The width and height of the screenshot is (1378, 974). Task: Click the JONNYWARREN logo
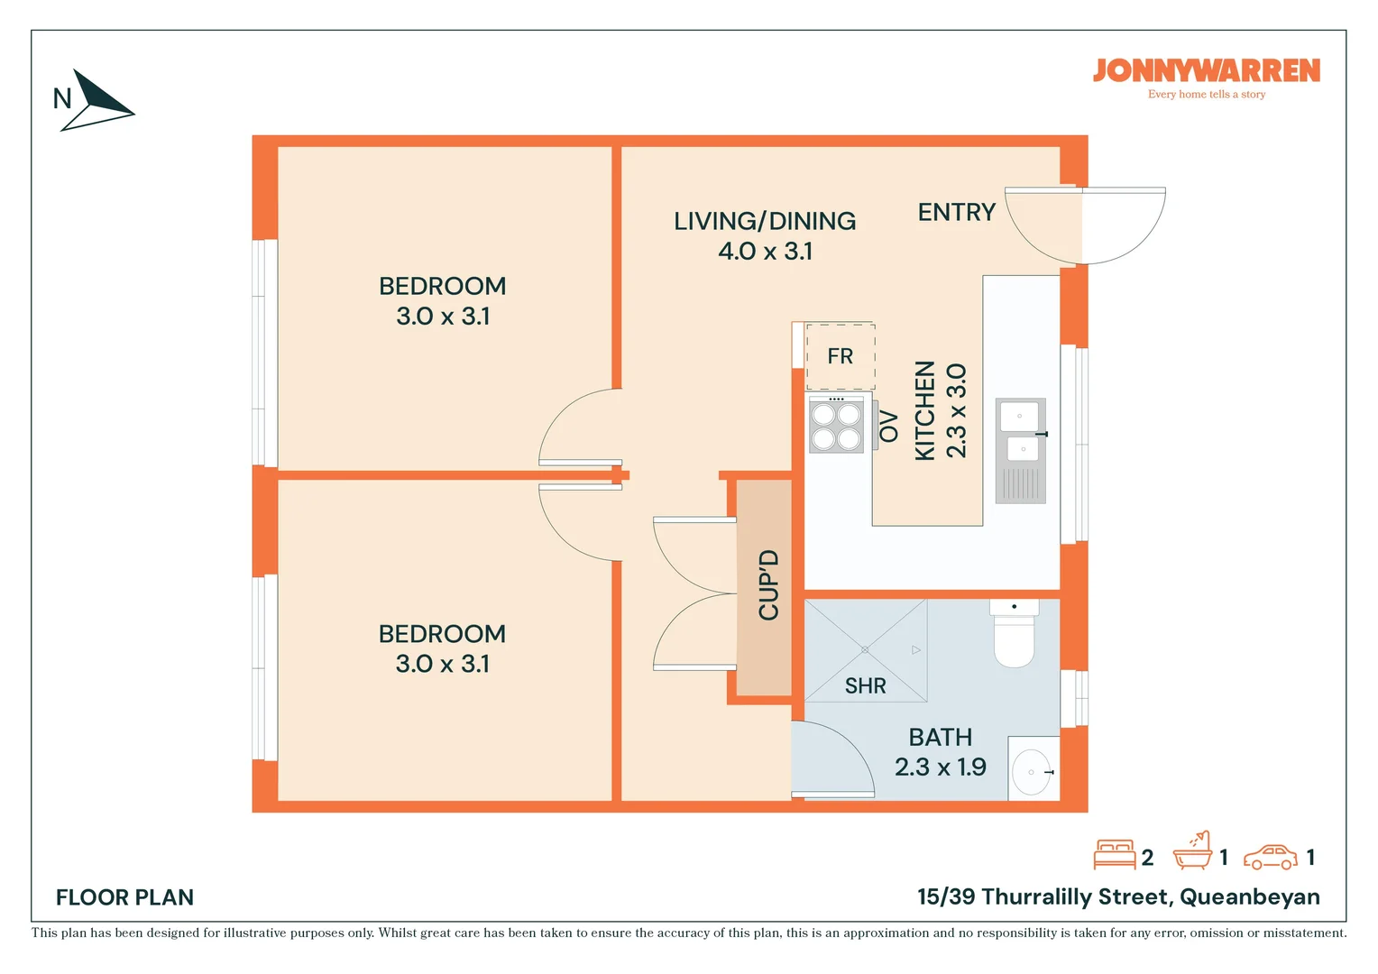tap(1206, 70)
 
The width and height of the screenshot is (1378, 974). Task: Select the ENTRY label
tap(957, 212)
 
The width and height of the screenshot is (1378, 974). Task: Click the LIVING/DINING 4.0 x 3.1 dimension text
tap(766, 251)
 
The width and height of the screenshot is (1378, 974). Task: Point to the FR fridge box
tap(841, 356)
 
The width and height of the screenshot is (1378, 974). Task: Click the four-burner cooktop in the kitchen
tap(836, 425)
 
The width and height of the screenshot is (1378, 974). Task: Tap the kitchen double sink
tap(1021, 451)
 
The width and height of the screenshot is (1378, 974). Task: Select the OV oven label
tap(888, 427)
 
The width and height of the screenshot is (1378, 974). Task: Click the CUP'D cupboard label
tap(769, 585)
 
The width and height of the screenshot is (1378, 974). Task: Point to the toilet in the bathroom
tap(1015, 633)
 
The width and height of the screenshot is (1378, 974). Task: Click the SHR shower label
tap(865, 686)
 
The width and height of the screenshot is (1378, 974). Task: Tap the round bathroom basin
tap(1031, 772)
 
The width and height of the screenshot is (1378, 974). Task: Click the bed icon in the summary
tap(1114, 854)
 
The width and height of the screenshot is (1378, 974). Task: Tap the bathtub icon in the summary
tap(1192, 851)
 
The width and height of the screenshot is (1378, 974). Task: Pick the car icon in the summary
tap(1271, 857)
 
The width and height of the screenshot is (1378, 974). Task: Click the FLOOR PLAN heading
tap(124, 897)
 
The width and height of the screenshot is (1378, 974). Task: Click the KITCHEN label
tap(925, 410)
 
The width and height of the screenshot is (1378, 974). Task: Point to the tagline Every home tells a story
tap(1207, 94)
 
